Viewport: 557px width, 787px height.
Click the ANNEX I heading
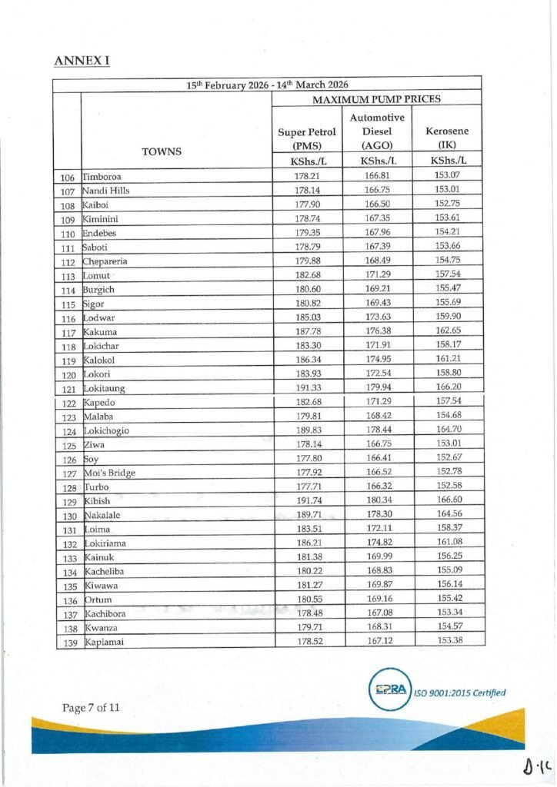click(x=82, y=60)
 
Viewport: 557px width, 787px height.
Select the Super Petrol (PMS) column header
click(x=306, y=139)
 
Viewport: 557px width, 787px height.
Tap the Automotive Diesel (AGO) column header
click(x=377, y=131)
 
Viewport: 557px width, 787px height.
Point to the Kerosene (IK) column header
click(x=447, y=138)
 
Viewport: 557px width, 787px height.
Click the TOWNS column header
click(x=162, y=151)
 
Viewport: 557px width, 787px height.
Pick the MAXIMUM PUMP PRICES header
click(x=376, y=99)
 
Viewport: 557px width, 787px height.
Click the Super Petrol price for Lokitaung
click(x=307, y=388)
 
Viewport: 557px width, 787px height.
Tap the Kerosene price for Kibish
click(x=447, y=500)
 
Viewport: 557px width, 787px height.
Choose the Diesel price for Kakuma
click(x=377, y=332)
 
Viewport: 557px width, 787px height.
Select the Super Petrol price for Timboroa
click(x=307, y=176)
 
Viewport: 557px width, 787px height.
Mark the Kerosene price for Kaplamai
click(x=447, y=641)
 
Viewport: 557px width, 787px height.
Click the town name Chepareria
click(x=106, y=261)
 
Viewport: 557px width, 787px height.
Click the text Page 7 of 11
click(x=91, y=707)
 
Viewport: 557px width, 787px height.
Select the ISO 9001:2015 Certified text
click(x=460, y=692)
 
